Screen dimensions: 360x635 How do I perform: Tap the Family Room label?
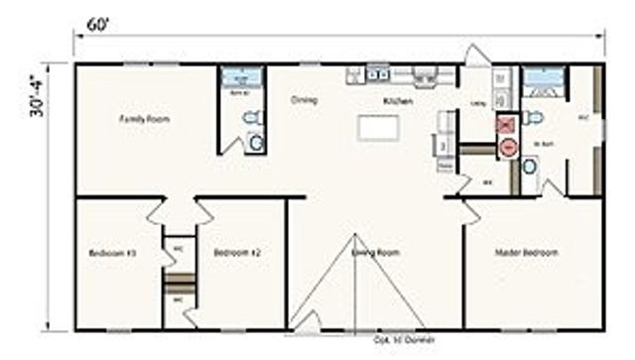(x=144, y=119)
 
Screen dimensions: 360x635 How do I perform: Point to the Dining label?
(x=303, y=100)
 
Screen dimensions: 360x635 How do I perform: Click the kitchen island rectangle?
(x=377, y=128)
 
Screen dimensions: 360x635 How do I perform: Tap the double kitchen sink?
(x=377, y=72)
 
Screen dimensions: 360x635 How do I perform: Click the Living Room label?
(x=376, y=253)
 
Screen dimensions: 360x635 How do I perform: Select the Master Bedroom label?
(x=527, y=253)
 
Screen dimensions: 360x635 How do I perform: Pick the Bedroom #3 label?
(x=111, y=254)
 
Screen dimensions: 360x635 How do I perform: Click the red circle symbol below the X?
(x=507, y=147)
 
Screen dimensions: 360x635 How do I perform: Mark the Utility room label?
(x=476, y=103)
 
